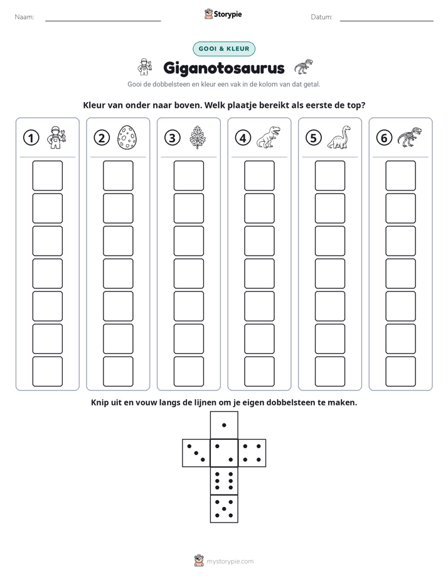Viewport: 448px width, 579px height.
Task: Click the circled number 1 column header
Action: pyautogui.click(x=31, y=138)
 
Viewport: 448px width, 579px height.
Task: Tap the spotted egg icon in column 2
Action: pyautogui.click(x=127, y=138)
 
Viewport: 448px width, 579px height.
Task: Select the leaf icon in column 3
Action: pyautogui.click(x=198, y=137)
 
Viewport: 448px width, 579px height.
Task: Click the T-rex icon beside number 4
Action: pyautogui.click(x=269, y=137)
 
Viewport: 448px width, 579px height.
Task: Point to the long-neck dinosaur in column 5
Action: pyautogui.click(x=339, y=137)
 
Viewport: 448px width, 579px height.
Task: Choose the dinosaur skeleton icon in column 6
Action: pyautogui.click(x=410, y=137)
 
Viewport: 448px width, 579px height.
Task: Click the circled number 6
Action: pyautogui.click(x=384, y=138)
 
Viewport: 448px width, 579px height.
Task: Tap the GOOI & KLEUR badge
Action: pyautogui.click(x=224, y=49)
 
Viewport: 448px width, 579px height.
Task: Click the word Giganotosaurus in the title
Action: pyautogui.click(x=224, y=68)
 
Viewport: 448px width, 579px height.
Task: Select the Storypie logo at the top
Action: pyautogui.click(x=223, y=14)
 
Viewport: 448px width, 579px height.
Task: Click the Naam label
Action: pyautogui.click(x=24, y=17)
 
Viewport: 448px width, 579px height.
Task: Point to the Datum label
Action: pyautogui.click(x=322, y=17)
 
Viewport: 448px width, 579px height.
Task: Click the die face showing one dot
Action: pyautogui.click(x=224, y=425)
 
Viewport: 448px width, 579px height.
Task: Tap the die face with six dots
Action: pyautogui.click(x=224, y=481)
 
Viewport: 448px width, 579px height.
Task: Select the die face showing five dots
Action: pyautogui.click(x=224, y=509)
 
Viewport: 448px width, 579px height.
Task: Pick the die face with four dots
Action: pyautogui.click(x=252, y=453)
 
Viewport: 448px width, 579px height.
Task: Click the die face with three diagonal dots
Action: pyautogui.click(x=196, y=453)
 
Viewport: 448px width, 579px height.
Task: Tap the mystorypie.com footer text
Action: pyautogui.click(x=230, y=561)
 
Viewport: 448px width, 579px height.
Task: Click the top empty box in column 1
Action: pyautogui.click(x=47, y=175)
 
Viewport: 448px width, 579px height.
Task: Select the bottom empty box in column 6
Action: pyautogui.click(x=401, y=372)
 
